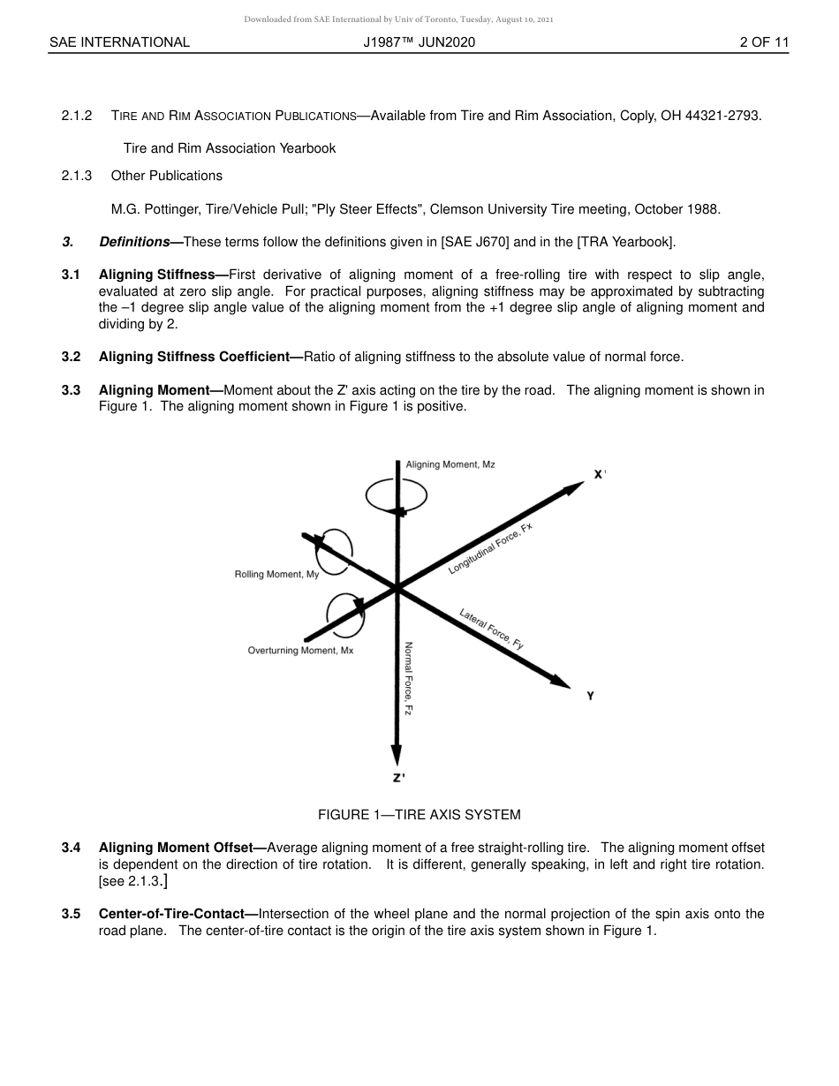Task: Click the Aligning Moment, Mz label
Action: click(x=450, y=464)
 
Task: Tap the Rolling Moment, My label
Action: click(x=276, y=575)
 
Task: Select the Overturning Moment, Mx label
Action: click(x=300, y=651)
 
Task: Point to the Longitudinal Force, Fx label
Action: click(x=490, y=548)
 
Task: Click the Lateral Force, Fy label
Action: click(x=492, y=629)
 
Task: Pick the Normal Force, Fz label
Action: click(x=409, y=677)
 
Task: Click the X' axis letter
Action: click(x=600, y=475)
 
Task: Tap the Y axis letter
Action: click(x=590, y=696)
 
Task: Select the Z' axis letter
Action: click(x=399, y=778)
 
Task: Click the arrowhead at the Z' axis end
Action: click(x=397, y=753)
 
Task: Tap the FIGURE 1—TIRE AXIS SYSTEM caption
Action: click(x=419, y=814)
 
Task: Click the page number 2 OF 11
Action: click(x=764, y=42)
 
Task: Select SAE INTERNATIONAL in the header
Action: click(x=119, y=42)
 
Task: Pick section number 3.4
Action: click(x=72, y=848)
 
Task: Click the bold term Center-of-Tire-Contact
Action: click(x=178, y=914)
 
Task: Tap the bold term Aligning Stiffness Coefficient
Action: click(x=200, y=357)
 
